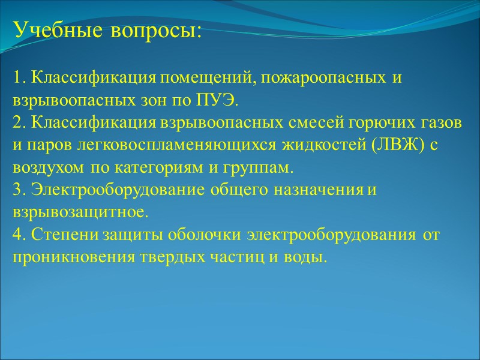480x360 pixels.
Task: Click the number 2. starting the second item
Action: click(19, 123)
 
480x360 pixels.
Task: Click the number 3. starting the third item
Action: click(19, 190)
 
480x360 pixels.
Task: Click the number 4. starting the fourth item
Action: click(19, 235)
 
